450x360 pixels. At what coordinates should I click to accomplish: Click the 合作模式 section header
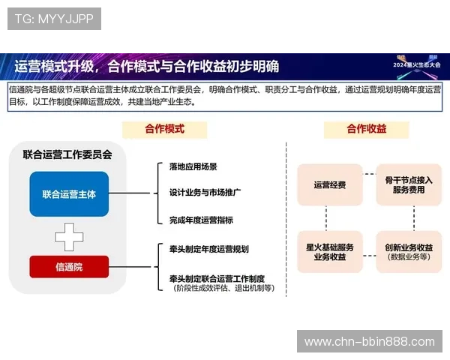(x=164, y=129)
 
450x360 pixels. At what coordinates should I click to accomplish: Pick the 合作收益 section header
(x=367, y=129)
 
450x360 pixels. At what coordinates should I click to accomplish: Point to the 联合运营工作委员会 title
(x=67, y=155)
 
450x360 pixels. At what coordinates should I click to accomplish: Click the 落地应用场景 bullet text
(x=193, y=166)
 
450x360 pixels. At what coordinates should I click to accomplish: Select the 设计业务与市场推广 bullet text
(x=205, y=193)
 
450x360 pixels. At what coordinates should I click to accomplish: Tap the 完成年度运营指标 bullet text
(x=201, y=220)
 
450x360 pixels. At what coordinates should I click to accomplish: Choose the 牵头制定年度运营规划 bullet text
(x=208, y=249)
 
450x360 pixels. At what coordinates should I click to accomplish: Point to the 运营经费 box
(x=330, y=184)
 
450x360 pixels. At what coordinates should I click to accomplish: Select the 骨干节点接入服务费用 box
(x=409, y=184)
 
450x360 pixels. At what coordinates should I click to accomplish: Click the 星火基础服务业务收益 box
(x=330, y=251)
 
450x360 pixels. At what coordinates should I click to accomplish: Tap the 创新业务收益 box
(x=409, y=251)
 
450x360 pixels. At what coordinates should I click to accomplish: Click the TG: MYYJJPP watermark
(x=54, y=18)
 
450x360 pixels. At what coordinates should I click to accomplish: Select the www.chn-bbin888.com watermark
(x=369, y=342)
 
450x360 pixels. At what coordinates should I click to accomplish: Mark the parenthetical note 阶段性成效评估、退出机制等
(x=223, y=288)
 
